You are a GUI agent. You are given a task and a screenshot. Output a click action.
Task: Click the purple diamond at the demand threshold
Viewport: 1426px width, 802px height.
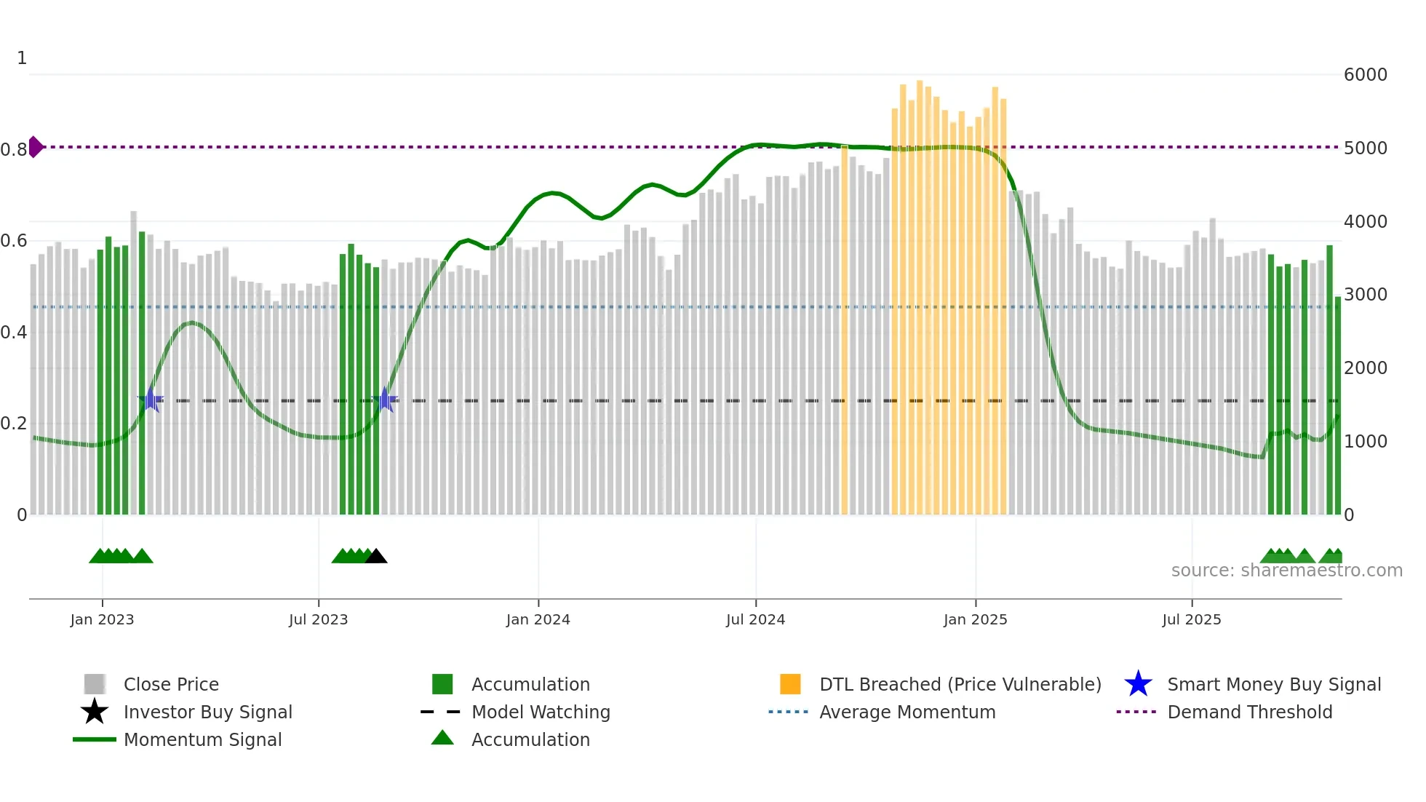(36, 147)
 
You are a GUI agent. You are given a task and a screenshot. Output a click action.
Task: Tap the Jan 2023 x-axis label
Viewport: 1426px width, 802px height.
(102, 619)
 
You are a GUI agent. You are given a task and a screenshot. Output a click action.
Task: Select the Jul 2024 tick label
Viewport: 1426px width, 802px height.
(755, 619)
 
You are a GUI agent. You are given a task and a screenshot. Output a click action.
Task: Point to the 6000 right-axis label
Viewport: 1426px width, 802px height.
(1365, 75)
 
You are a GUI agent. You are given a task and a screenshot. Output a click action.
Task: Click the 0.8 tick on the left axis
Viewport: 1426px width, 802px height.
(14, 150)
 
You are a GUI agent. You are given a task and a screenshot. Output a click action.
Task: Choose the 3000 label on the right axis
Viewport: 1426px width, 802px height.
(1365, 295)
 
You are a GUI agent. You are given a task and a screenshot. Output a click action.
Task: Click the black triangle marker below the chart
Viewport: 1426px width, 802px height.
(376, 557)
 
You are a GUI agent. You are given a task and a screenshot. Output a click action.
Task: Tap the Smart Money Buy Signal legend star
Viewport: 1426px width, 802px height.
(1138, 684)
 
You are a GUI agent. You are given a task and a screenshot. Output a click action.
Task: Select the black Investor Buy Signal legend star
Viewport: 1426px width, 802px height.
(95, 712)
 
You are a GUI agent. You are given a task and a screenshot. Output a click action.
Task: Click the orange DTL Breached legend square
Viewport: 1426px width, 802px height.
(790, 684)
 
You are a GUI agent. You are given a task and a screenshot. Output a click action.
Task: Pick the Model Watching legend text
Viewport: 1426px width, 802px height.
(541, 712)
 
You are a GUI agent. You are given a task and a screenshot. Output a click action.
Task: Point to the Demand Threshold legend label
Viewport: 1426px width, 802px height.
(1249, 712)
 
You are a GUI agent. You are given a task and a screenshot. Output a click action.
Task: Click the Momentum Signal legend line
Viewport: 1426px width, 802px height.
(95, 739)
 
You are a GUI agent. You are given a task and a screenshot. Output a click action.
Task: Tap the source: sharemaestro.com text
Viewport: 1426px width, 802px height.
(1286, 571)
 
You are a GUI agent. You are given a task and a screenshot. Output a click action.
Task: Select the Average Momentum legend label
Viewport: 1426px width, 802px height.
(907, 712)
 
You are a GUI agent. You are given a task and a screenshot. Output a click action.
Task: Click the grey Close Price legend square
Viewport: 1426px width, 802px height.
(95, 684)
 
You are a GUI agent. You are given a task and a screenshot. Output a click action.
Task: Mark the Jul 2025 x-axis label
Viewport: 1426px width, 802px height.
(1191, 619)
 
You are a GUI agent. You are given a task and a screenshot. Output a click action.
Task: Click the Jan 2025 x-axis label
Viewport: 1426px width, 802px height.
(975, 619)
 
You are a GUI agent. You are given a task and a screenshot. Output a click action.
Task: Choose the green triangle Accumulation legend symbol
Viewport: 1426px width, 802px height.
(442, 739)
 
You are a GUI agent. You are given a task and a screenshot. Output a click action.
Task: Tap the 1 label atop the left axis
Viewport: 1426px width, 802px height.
(22, 58)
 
